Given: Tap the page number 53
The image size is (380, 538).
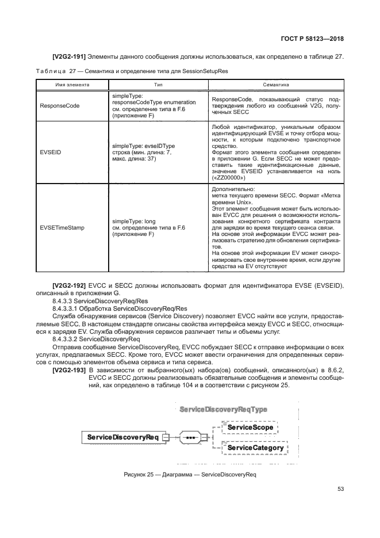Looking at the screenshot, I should [x=340, y=489].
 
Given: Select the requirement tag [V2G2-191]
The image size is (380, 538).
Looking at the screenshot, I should [x=68, y=56].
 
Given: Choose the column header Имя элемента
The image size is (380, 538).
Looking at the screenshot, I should [x=72, y=84].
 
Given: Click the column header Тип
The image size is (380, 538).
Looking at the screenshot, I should [x=155, y=84].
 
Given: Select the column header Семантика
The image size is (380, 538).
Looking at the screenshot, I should [x=275, y=84].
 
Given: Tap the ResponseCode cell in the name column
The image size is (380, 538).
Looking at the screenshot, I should [x=59, y=106].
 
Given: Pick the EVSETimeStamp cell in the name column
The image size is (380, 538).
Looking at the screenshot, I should [x=62, y=228].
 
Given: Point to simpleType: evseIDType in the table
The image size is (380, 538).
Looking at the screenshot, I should [x=143, y=146].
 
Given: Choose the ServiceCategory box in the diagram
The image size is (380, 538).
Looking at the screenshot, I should [x=255, y=448].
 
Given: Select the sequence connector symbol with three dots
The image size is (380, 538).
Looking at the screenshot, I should [x=190, y=438].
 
